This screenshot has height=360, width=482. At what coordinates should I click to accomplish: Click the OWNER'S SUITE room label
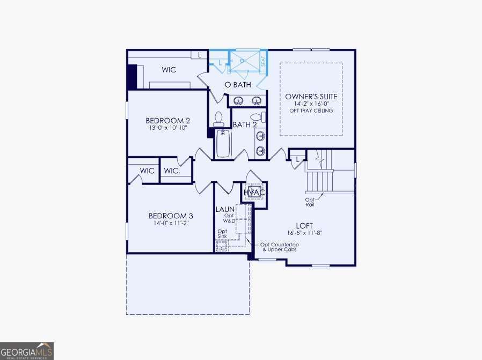311,97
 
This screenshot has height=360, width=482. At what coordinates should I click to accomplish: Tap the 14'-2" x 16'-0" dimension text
311,104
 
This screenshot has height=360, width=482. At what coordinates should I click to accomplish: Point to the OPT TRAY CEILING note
311,111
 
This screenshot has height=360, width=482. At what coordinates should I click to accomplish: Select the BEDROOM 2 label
168,121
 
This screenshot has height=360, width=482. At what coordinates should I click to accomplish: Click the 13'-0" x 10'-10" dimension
168,128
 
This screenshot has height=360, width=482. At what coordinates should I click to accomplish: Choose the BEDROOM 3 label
170,216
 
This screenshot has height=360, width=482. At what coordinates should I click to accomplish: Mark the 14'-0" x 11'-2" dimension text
170,223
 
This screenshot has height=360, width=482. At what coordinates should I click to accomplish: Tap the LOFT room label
304,226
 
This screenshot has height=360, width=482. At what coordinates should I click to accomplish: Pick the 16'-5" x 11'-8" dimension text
304,233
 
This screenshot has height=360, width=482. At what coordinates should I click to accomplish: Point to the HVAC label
254,192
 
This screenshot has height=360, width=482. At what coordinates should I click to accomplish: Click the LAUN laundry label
224,209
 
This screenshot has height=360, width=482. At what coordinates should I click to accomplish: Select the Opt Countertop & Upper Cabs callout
280,247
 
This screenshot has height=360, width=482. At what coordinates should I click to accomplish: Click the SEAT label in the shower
263,62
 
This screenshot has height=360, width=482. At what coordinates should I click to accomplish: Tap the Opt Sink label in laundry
222,234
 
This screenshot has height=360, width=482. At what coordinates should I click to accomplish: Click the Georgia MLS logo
26,350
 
